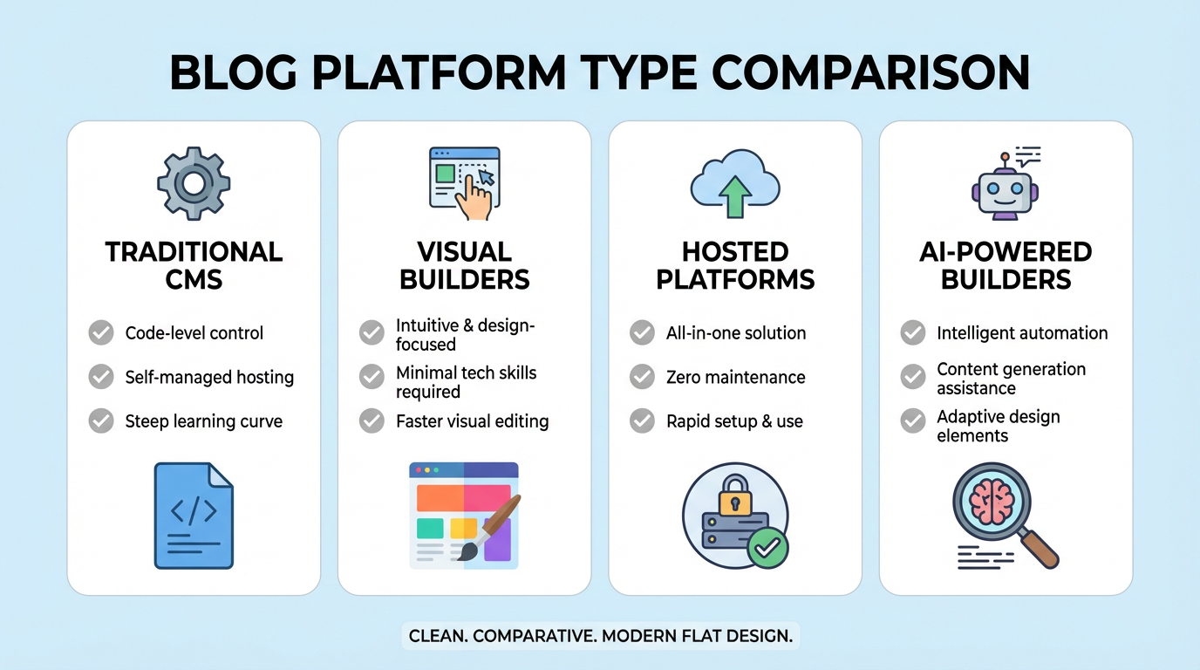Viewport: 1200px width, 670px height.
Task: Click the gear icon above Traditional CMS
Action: pos(194,183)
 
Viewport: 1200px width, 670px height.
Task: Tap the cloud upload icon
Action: pos(734,183)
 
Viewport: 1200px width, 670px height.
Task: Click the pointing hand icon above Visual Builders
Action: pos(474,197)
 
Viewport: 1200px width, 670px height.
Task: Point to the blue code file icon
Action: pos(194,516)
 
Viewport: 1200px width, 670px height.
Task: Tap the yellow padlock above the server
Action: pos(734,496)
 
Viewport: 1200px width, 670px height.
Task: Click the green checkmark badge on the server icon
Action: pos(767,547)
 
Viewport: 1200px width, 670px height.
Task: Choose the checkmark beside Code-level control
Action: pos(101,332)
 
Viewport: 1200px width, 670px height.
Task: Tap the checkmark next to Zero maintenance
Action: pos(642,377)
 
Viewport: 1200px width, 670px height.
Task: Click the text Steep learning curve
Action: pos(203,421)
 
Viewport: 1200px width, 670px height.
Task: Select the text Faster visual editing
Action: pos(472,421)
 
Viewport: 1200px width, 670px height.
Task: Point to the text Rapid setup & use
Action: pos(734,421)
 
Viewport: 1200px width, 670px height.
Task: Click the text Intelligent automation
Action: pos(1022,332)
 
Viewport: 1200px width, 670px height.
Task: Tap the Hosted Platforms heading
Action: pos(734,265)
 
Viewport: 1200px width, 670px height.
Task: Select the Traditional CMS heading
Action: pos(194,265)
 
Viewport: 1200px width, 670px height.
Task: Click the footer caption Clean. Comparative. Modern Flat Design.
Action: pos(600,635)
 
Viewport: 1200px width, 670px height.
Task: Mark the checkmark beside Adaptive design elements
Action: pos(912,421)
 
